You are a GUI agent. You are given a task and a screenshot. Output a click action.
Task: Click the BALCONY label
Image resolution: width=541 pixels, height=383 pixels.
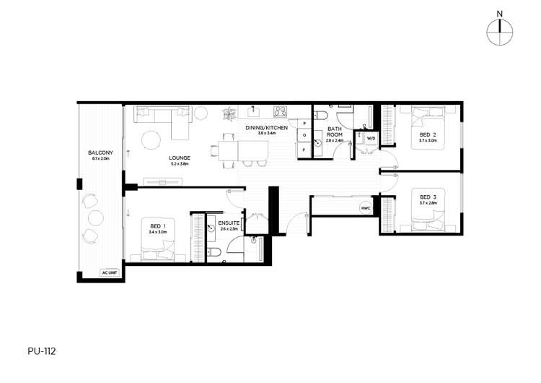pos(100,152)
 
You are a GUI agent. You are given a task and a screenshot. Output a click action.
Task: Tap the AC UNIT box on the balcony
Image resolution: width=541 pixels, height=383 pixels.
pos(110,274)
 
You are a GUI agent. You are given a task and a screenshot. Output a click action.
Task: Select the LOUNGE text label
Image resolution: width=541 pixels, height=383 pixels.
pos(180,157)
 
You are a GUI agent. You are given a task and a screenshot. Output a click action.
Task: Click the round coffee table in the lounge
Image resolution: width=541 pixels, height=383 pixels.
pos(150,139)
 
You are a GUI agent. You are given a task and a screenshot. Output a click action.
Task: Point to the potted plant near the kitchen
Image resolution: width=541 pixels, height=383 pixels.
pos(229,113)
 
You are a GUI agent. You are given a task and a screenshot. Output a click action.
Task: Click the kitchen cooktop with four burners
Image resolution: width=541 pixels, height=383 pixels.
pos(279,112)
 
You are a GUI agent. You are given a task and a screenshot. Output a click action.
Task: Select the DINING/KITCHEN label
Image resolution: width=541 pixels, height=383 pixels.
pos(266,128)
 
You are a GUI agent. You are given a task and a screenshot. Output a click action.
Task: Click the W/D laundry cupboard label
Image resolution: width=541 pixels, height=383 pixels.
pos(371,137)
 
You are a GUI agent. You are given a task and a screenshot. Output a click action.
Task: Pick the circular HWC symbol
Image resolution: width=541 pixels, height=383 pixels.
pos(366,208)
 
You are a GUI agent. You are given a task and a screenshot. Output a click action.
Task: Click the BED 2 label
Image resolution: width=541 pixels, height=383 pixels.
pos(428,134)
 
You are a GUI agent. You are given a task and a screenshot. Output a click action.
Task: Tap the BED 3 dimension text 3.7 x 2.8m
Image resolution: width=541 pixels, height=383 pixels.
pos(428,203)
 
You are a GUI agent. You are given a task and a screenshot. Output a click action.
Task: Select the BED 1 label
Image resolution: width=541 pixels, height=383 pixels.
pos(158,225)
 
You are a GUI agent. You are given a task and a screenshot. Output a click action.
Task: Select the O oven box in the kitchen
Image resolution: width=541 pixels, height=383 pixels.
pos(304,136)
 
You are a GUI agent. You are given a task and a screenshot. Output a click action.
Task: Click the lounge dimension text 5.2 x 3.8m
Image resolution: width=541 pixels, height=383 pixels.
pos(180,164)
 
